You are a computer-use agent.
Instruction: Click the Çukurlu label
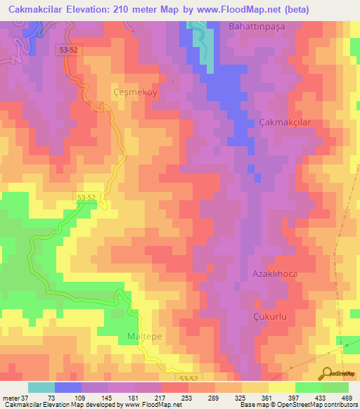pyautogui.click(x=271, y=317)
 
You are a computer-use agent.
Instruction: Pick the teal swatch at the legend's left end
pyautogui.click(x=41, y=387)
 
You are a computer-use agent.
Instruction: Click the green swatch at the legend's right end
pyautogui.click(x=335, y=387)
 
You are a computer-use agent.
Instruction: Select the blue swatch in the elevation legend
pyautogui.click(x=68, y=387)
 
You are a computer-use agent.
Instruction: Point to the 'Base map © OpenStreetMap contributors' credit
pyautogui.click(x=296, y=405)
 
